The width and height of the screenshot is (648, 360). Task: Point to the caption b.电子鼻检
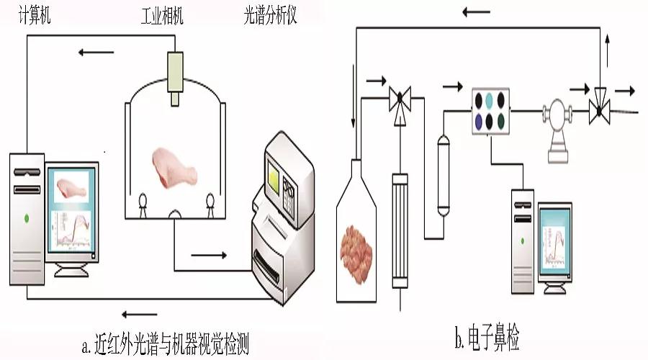pos(487,336)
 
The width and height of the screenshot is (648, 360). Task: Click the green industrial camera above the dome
pos(174,72)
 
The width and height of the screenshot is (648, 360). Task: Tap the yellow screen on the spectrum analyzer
pos(277,177)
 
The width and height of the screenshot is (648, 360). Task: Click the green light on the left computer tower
pos(27,217)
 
